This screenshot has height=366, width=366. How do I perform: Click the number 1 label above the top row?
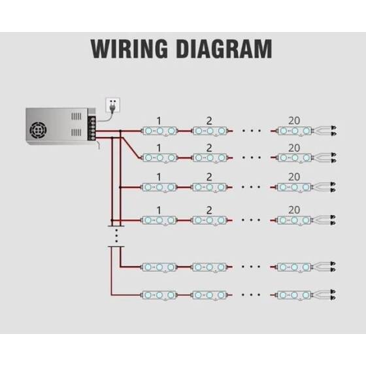point(159,121)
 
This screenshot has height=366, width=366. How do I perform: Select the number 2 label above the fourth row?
point(209,210)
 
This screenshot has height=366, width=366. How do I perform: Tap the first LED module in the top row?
point(159,131)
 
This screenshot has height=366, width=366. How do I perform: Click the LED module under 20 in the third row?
point(293,188)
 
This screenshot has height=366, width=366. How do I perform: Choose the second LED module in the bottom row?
point(209,294)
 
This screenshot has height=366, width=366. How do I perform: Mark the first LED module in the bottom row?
point(159,294)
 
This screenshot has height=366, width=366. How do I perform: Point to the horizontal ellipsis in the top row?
point(252,131)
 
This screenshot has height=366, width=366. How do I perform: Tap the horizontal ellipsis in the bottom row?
point(252,294)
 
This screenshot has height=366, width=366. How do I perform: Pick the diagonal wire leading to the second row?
point(131,147)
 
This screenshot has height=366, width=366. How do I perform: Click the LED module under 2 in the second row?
point(209,158)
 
